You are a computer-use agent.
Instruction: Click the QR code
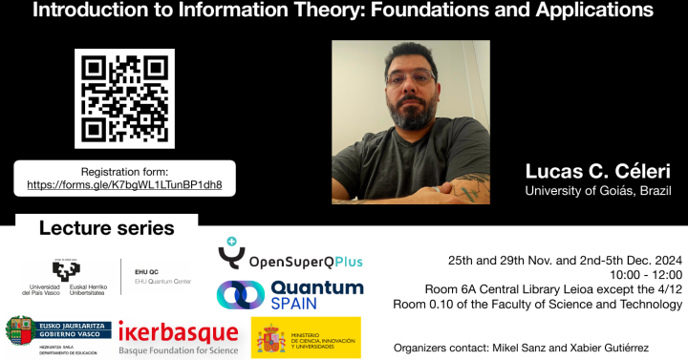click(124, 98)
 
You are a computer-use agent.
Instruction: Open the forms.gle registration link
click(125, 184)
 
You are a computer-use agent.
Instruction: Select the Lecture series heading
click(107, 229)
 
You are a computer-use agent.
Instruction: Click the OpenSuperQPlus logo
click(290, 256)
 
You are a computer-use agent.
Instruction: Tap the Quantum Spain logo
click(290, 294)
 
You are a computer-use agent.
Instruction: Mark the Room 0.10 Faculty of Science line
click(538, 305)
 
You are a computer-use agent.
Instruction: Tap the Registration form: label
click(125, 170)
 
